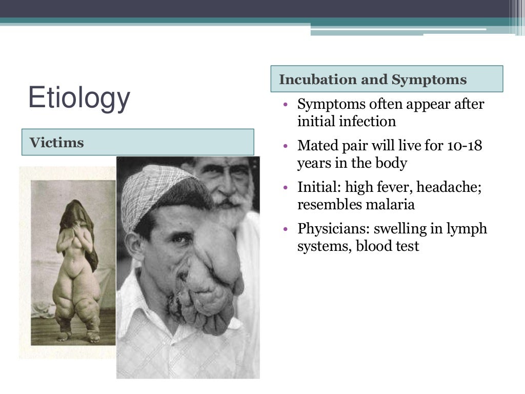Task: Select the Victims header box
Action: pos(137,142)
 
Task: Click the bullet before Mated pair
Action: pos(286,146)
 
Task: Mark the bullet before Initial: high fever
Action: pos(286,188)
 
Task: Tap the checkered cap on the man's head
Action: pos(154,190)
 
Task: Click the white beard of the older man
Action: pos(233,210)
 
